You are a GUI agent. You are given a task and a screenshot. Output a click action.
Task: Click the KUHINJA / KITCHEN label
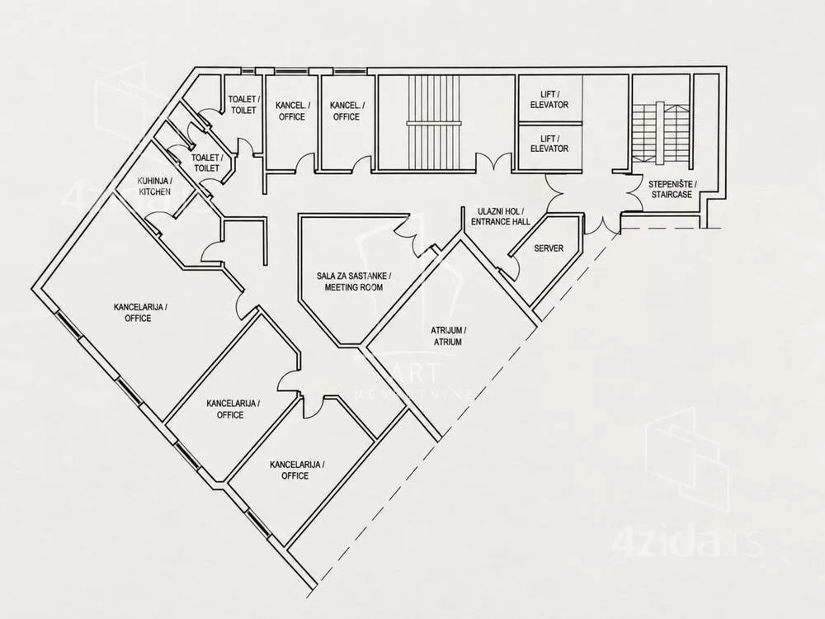[155, 186]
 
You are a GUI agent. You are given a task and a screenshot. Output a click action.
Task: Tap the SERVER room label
[549, 248]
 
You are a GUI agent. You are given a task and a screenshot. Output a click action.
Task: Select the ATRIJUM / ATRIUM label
[448, 336]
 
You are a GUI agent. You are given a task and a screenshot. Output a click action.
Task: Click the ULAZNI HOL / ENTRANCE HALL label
[501, 216]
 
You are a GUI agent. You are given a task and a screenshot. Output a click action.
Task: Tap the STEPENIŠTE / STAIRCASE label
[672, 190]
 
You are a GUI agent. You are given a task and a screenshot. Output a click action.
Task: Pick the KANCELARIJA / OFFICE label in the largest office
[139, 313]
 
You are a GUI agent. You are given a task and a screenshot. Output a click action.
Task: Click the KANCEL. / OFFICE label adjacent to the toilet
[292, 111]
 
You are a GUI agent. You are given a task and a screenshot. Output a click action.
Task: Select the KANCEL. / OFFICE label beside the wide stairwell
[346, 111]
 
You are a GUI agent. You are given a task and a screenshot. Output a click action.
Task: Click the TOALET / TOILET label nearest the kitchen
[207, 163]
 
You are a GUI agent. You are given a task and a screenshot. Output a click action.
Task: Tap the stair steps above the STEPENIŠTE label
[661, 131]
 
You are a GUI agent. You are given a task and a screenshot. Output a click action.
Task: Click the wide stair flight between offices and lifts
[434, 123]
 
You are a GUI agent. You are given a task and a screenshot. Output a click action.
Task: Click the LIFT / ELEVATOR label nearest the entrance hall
[549, 144]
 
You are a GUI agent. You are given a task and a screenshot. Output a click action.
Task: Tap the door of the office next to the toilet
[306, 163]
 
